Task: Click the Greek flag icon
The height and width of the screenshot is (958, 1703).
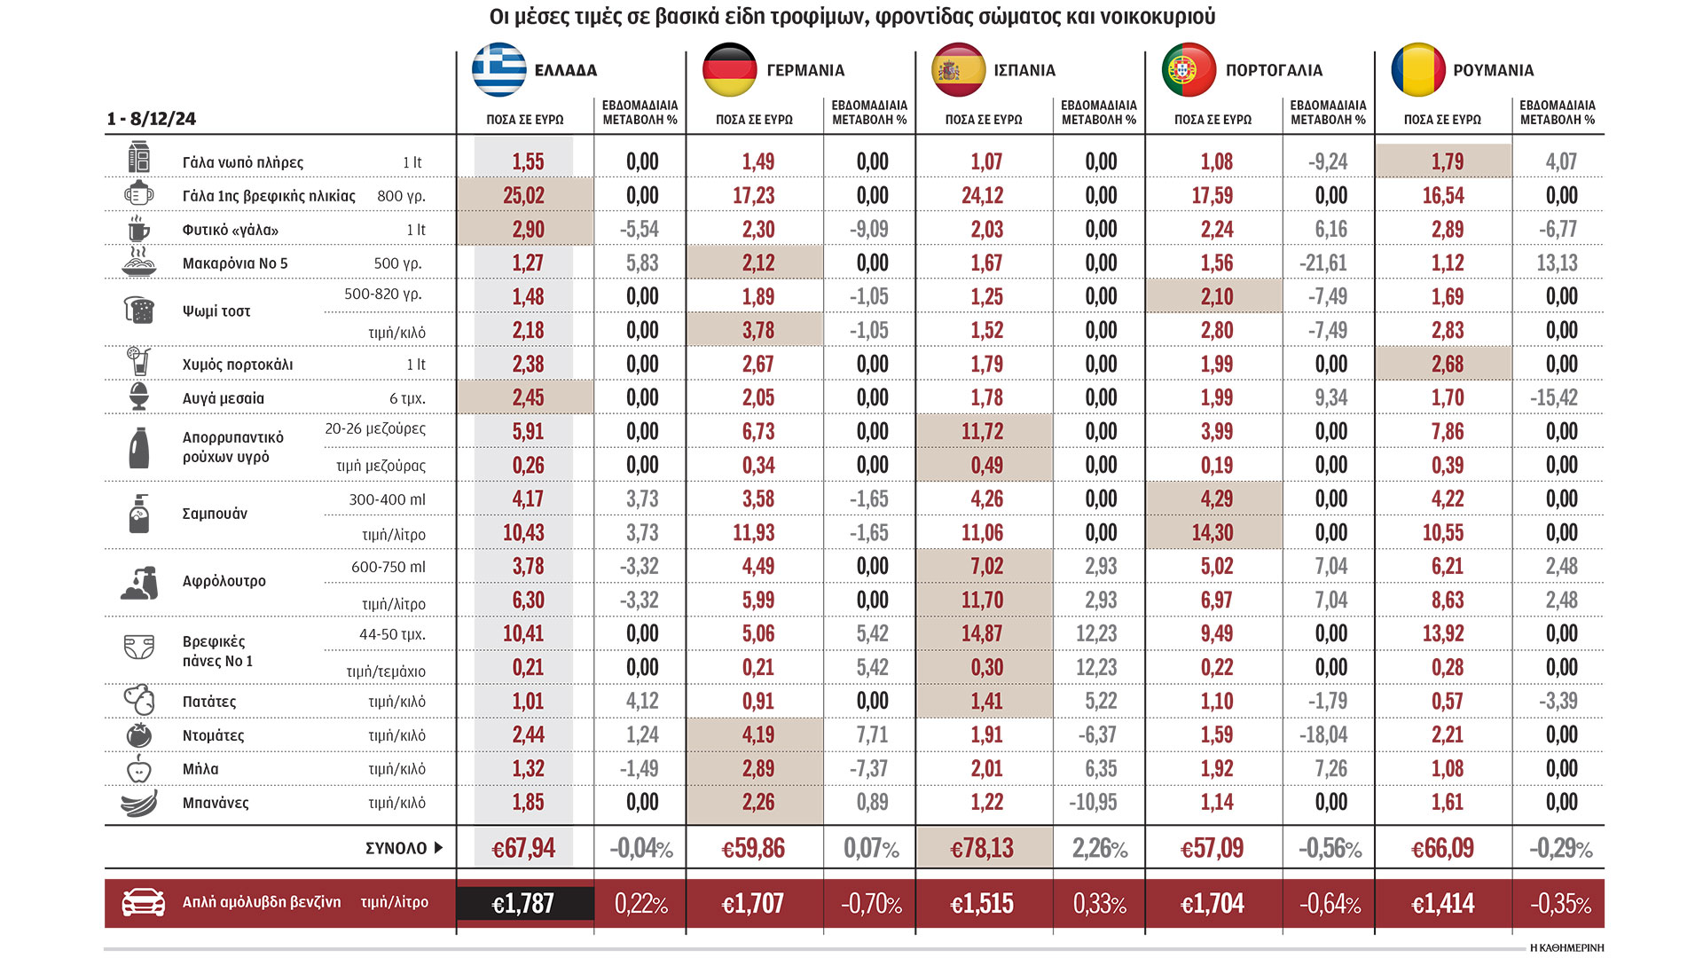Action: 498,70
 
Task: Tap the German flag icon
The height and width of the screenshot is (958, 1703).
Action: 729,70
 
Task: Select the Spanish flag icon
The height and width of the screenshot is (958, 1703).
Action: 958,70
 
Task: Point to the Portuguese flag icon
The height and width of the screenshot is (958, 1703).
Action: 1189,70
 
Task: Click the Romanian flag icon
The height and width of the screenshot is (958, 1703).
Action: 1417,70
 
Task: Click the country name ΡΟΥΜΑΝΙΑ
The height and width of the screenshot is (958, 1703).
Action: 1493,71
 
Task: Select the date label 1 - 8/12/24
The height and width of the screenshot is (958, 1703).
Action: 152,119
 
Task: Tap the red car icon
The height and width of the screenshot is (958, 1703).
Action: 143,902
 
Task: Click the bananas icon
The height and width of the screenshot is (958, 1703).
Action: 139,803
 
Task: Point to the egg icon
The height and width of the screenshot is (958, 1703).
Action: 139,397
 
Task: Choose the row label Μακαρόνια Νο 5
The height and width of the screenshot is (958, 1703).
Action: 235,263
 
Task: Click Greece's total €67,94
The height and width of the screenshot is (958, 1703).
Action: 523,849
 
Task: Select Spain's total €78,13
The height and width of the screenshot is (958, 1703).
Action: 982,849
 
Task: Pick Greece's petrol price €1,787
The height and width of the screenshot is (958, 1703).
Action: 523,904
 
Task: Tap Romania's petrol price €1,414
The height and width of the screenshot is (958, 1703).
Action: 1442,904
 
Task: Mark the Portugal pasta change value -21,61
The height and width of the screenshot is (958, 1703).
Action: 1328,263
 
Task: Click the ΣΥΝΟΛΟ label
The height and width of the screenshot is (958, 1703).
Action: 396,849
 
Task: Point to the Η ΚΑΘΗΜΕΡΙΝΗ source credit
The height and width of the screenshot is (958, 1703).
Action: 1566,948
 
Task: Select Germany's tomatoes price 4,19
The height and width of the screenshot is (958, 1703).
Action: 757,735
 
